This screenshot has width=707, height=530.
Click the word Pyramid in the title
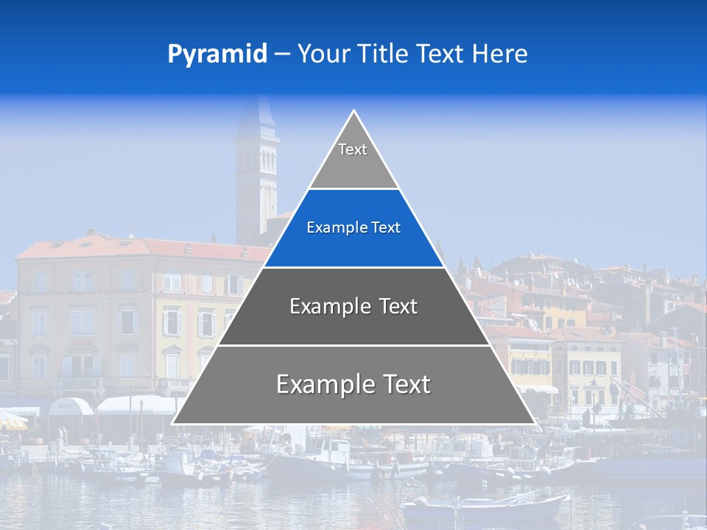coord(217,54)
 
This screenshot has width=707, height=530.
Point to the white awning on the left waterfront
coord(136,404)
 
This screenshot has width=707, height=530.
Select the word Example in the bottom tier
coord(321,384)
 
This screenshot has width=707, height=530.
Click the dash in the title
coord(281,54)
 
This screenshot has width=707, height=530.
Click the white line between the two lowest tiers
coord(353,345)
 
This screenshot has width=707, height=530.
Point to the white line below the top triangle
coord(353,189)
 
